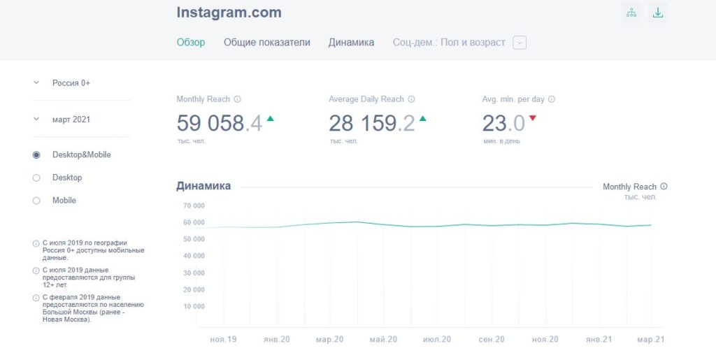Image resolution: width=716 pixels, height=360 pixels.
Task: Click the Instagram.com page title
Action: point(229,13)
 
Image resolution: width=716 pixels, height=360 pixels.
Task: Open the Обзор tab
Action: point(191,42)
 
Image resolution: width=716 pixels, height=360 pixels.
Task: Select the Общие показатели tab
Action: point(266,42)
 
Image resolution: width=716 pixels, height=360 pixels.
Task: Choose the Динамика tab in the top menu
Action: point(351,42)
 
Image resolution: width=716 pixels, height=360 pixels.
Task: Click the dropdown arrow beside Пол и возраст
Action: point(519,43)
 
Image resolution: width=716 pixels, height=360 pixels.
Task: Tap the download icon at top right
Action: point(657,13)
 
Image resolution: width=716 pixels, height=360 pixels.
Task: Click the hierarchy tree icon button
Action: point(631,13)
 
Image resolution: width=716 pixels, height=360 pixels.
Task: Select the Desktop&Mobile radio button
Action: point(36,154)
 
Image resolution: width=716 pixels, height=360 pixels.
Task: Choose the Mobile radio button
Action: point(36,201)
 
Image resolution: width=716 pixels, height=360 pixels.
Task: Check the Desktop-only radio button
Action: point(36,178)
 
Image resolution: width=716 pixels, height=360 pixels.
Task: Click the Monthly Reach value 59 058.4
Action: point(219,124)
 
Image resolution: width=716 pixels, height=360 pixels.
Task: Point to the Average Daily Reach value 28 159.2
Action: point(371,124)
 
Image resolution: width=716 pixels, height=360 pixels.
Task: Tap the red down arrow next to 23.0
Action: point(533,118)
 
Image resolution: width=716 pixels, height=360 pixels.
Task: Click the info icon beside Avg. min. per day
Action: point(552,99)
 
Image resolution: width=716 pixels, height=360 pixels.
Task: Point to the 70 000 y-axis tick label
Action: point(194,206)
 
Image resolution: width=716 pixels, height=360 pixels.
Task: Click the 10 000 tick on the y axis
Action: point(194,306)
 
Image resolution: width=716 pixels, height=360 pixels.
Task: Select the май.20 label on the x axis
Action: point(383,339)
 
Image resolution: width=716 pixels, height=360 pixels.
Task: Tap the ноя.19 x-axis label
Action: point(223,339)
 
